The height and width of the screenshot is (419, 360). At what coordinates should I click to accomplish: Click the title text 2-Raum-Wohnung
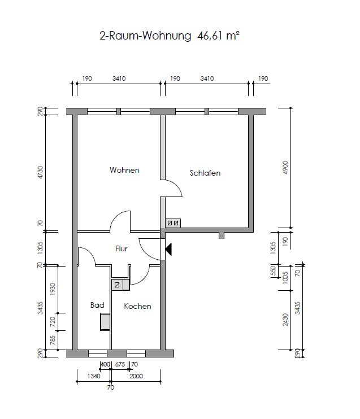click(145, 36)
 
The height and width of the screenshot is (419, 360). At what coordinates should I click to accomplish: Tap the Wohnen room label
click(124, 170)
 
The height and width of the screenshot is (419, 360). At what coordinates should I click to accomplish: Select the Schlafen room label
click(205, 173)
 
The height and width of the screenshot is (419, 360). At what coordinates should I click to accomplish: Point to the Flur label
click(121, 248)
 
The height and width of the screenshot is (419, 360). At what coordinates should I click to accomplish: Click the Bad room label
click(97, 305)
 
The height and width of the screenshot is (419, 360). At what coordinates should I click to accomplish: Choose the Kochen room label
click(137, 306)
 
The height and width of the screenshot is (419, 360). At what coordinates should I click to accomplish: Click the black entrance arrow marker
click(168, 250)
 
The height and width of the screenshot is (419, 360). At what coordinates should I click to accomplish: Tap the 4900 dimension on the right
click(285, 168)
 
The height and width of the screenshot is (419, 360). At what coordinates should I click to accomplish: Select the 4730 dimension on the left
click(40, 172)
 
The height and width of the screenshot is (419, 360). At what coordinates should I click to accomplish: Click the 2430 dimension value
click(285, 320)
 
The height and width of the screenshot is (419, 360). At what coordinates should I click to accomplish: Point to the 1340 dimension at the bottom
click(94, 376)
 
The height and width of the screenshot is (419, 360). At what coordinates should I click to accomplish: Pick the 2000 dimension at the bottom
click(136, 376)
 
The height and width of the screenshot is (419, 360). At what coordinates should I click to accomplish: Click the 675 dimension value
click(120, 364)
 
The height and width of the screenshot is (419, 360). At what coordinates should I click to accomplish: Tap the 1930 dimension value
click(53, 289)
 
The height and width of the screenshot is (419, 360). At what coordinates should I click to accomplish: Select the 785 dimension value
click(53, 340)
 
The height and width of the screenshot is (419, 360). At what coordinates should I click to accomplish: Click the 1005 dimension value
click(285, 278)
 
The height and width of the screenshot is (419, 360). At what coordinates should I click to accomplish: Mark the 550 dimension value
click(273, 270)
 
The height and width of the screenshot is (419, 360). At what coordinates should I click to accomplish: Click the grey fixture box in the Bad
click(105, 322)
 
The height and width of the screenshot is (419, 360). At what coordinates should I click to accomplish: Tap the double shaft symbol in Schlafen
click(173, 223)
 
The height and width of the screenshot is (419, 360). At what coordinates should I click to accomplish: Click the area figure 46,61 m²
click(218, 36)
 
